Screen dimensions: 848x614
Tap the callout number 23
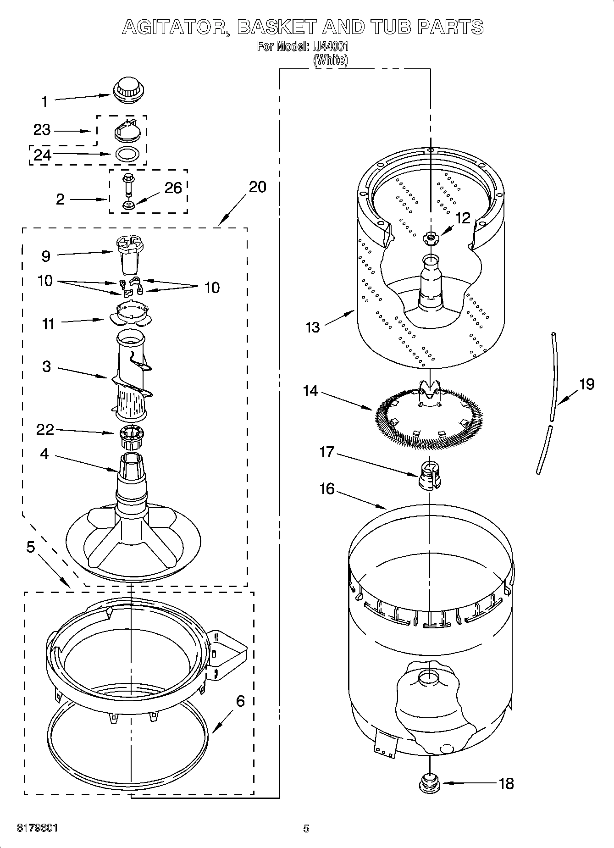(x=42, y=130)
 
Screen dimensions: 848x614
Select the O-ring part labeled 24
(x=127, y=154)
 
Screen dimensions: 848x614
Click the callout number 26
(x=173, y=188)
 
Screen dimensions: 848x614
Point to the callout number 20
(x=257, y=187)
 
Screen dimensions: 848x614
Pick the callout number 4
(x=44, y=454)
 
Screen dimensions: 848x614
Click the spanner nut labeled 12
(x=431, y=237)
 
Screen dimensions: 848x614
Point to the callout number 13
(x=312, y=327)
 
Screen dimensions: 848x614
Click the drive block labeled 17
(x=429, y=476)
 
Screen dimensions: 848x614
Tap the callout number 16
(x=327, y=488)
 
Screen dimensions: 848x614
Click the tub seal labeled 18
(x=430, y=782)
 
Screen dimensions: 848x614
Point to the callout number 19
(x=586, y=384)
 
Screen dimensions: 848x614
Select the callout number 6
(x=240, y=701)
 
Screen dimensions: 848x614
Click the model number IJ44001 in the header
(x=331, y=46)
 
